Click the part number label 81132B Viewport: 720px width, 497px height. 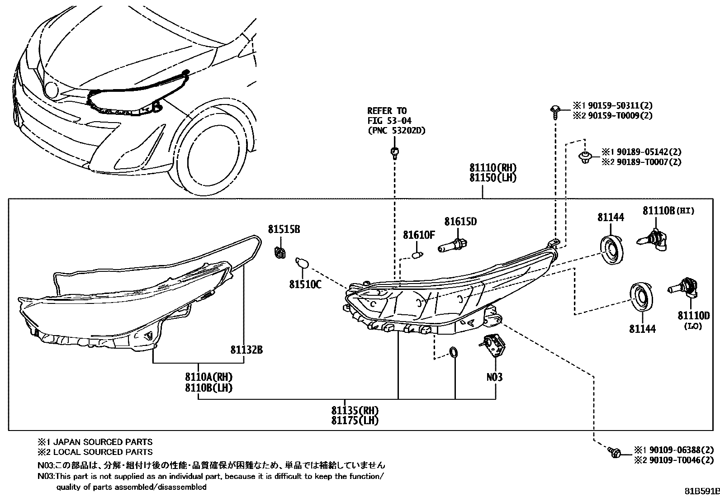246,350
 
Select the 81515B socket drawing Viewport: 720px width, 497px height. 280,252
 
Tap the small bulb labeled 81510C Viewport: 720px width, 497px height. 300,263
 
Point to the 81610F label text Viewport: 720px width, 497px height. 419,235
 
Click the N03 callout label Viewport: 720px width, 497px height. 494,377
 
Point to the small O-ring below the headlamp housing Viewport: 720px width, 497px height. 454,353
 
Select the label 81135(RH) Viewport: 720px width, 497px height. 355,411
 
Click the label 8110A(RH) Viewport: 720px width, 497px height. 208,377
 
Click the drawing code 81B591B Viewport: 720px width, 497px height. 701,491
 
